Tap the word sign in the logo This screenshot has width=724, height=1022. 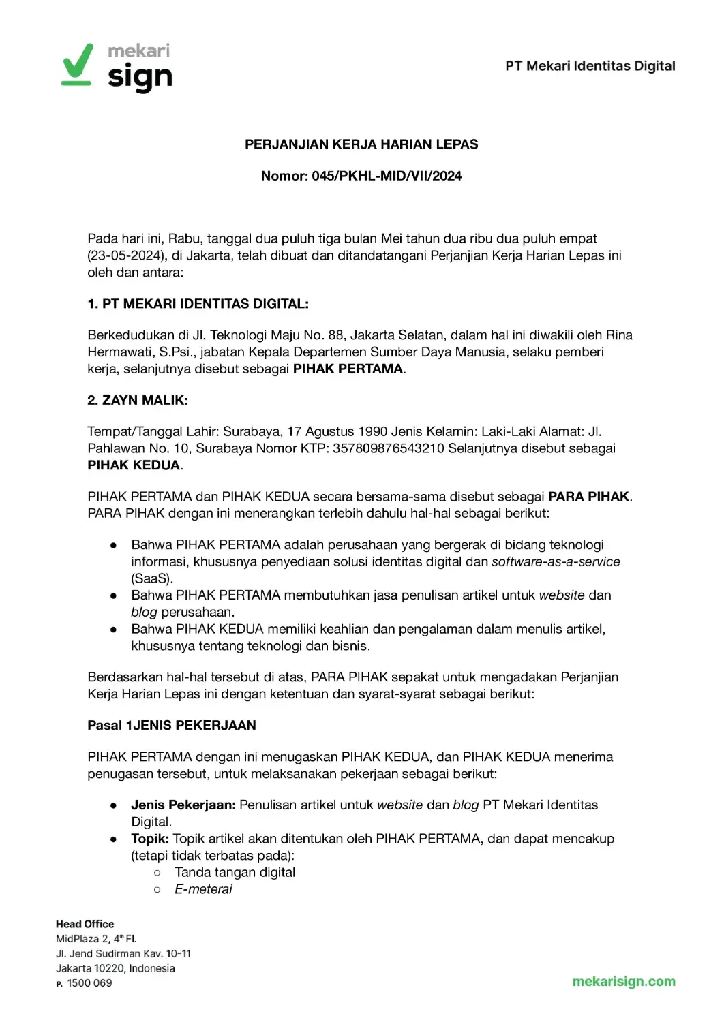point(140,77)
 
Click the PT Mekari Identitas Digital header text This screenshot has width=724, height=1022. point(590,66)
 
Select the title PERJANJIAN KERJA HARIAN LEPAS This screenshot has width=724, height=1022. point(361,144)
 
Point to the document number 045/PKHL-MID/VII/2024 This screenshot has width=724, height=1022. point(387,176)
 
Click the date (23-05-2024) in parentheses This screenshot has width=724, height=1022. point(127,255)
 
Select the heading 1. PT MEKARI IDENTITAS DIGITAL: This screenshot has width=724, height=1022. point(198,304)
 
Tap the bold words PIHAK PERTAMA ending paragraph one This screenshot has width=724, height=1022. point(348,369)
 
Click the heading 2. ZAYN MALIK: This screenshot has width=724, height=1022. point(138,400)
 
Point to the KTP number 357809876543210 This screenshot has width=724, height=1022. point(388,448)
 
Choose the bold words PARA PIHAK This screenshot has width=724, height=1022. point(589,497)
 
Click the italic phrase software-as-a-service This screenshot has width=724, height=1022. point(556,561)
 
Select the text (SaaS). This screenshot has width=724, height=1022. point(152,578)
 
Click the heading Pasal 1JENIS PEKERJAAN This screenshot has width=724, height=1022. point(172,725)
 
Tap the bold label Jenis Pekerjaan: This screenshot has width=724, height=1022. point(183,805)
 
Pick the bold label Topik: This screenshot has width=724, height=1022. point(150,839)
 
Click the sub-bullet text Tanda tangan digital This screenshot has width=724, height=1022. point(235,872)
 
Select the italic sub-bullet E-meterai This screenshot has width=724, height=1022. point(203,889)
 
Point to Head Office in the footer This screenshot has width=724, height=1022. point(85,924)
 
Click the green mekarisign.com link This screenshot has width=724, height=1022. point(624,982)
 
